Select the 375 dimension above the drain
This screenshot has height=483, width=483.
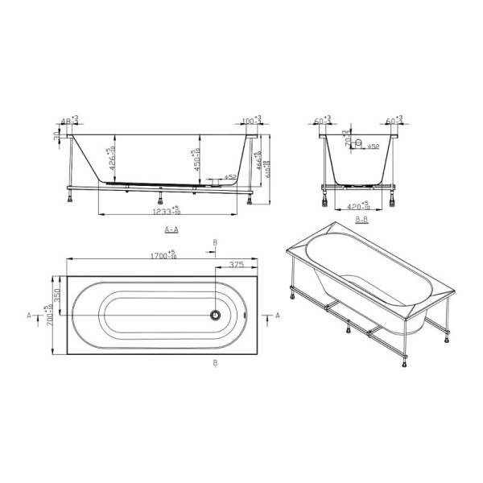click(236, 264)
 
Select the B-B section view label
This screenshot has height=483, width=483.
click(361, 218)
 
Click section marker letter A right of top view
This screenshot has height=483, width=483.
click(278, 316)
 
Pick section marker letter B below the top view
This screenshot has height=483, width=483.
click(215, 364)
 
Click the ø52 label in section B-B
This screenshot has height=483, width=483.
click(374, 147)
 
